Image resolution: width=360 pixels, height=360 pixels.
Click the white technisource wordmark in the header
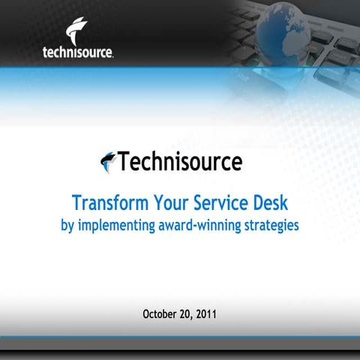coord(79,52)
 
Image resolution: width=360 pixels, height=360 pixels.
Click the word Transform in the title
coord(107,202)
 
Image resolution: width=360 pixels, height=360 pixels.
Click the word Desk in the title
coord(270,202)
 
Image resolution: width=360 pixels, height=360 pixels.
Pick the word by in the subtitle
coord(67,225)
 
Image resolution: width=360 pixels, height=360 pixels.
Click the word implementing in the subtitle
coord(113,225)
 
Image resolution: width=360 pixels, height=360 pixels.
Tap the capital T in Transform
coord(76,202)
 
